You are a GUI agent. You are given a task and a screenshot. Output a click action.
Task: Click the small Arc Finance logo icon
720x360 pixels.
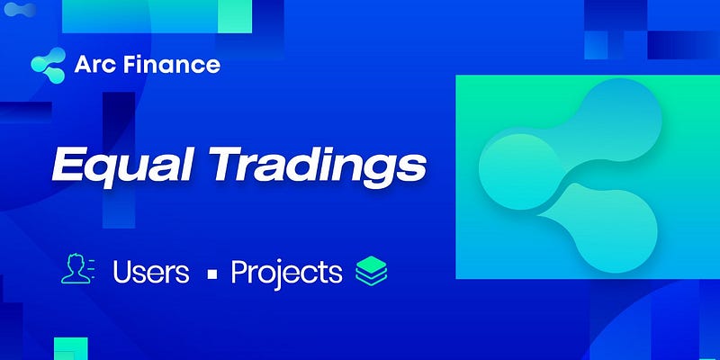point(48,65)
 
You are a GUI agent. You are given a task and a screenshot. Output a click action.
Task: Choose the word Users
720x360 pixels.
point(150,272)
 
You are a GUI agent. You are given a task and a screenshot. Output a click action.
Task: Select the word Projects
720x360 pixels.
point(286,273)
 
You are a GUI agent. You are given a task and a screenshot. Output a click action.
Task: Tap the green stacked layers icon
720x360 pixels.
point(370,272)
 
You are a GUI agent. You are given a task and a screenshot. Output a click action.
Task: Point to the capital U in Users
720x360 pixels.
point(123,272)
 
